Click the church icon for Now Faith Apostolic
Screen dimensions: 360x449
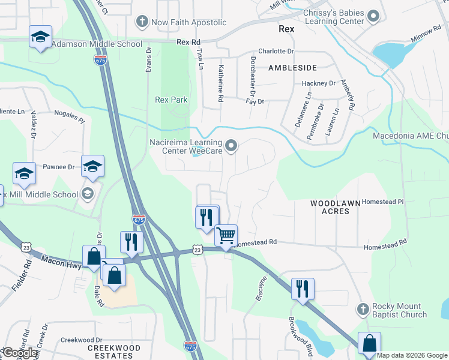click(x=142, y=22)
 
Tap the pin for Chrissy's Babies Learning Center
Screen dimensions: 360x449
click(x=373, y=16)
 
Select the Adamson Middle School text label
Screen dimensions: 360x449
click(x=97, y=44)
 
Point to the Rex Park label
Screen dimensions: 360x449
click(x=171, y=100)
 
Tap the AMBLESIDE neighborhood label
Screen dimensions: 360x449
click(x=292, y=68)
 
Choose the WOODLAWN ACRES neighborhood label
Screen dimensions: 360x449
click(x=335, y=208)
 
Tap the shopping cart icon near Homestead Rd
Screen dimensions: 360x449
click(x=226, y=235)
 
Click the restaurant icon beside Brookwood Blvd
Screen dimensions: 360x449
click(x=302, y=289)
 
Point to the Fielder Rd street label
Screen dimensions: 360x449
click(x=22, y=277)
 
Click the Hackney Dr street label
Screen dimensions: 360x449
click(x=318, y=83)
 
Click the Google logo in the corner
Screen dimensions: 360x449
click(x=20, y=353)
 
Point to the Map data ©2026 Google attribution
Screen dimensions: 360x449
click(x=412, y=355)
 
